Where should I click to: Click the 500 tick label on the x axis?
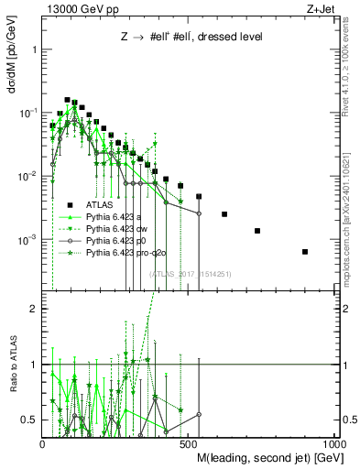[x=189, y=443]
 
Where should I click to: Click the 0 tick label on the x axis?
[x=43, y=443]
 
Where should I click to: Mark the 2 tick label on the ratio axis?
[x=33, y=309]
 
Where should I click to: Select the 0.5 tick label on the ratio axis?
[x=29, y=420]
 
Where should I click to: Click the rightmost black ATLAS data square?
[x=305, y=251]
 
